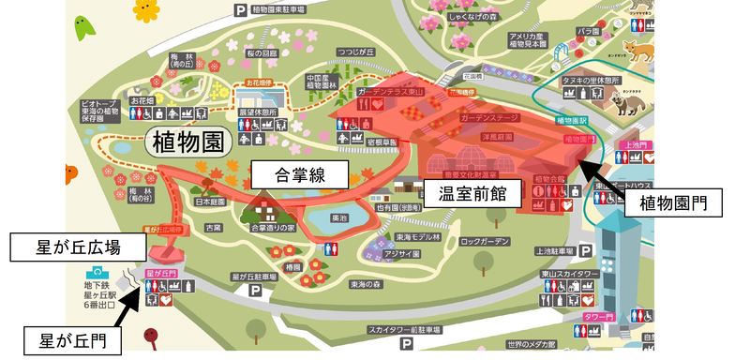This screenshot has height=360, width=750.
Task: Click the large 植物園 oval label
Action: coord(187,143)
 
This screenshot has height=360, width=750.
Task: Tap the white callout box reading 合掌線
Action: coord(299,174)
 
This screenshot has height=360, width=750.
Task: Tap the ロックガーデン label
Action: coord(485,242)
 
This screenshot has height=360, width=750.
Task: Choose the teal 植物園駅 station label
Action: coord(572,121)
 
